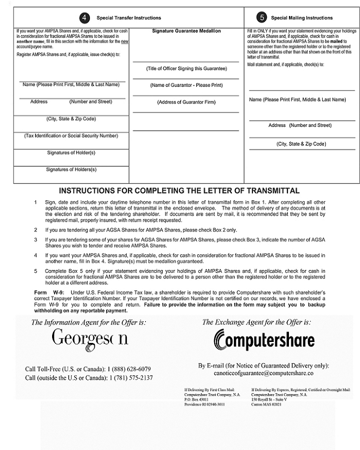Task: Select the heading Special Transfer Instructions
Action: tap(129, 18)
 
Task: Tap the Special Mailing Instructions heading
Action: tap(302, 18)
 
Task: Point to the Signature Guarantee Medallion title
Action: tap(186, 31)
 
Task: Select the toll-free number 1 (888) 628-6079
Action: tap(129, 369)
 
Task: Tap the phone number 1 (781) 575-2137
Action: tap(131, 378)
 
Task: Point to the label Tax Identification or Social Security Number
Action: tap(71, 135)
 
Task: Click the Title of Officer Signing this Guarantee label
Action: tap(186, 69)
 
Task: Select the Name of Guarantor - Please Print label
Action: tap(186, 85)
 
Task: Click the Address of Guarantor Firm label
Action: tap(186, 102)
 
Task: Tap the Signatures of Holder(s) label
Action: tap(71, 153)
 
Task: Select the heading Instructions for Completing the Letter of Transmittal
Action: tap(179, 191)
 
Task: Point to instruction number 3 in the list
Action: tap(36, 240)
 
